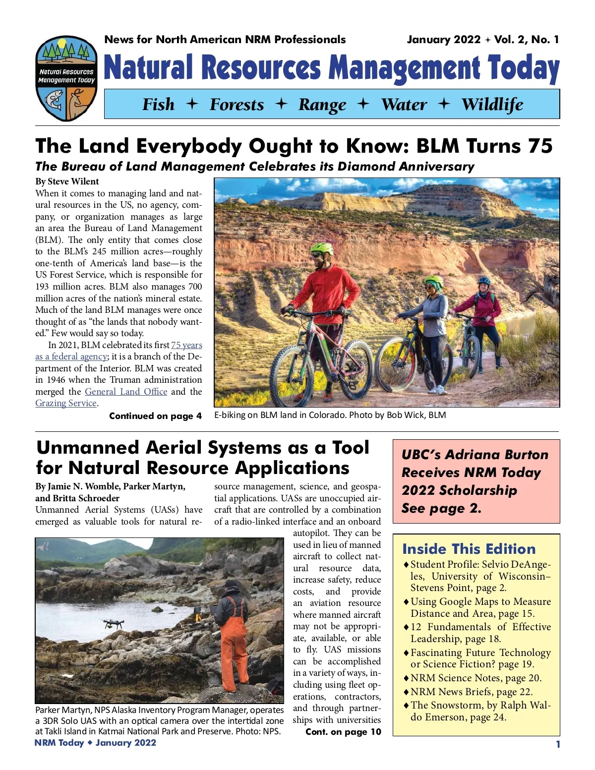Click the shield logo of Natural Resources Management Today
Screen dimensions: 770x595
[66, 79]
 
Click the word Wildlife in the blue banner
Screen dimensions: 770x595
[492, 105]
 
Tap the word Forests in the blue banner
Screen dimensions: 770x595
[237, 105]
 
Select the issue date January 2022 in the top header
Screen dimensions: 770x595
[443, 40]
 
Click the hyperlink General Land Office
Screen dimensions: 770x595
[126, 391]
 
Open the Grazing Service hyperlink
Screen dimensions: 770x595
[66, 403]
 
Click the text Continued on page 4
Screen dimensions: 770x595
[155, 416]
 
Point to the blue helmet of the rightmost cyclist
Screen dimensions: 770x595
[484, 281]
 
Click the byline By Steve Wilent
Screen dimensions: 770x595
[67, 181]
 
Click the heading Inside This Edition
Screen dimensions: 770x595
[469, 549]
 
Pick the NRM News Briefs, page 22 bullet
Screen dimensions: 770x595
[471, 692]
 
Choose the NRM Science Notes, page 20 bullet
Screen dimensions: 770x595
[476, 678]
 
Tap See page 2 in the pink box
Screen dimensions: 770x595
[441, 508]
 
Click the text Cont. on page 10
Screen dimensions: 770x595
[343, 732]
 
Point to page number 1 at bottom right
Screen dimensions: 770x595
[558, 744]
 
